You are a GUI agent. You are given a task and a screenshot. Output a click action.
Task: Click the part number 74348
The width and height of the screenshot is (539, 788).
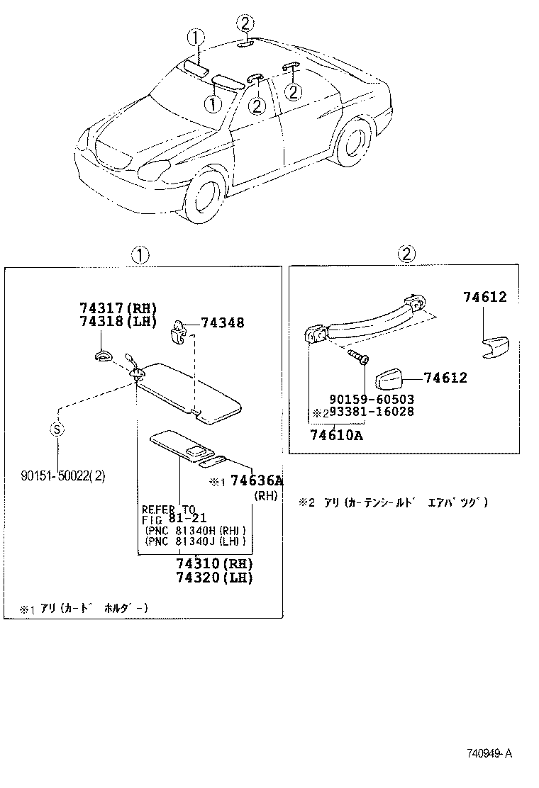[223, 323]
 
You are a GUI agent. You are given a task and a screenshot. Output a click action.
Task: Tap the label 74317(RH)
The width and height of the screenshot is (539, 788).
[117, 309]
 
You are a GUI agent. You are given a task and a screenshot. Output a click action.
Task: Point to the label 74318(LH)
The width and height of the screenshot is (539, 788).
[117, 321]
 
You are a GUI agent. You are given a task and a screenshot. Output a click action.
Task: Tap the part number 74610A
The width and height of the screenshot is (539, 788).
[336, 435]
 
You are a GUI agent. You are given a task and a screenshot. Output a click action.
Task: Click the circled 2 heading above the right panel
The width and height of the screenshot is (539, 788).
[406, 255]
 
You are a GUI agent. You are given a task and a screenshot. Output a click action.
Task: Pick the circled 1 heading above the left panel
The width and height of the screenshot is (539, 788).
[140, 255]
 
